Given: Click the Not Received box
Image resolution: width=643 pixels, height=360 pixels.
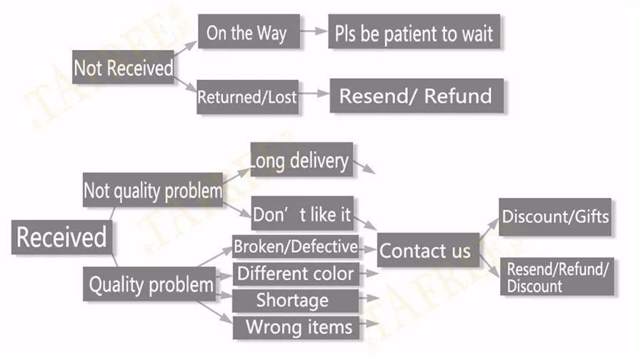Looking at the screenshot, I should [x=124, y=68].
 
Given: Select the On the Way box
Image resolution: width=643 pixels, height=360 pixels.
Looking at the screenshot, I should [x=246, y=33].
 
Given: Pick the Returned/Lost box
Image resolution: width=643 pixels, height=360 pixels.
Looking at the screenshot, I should [x=246, y=96].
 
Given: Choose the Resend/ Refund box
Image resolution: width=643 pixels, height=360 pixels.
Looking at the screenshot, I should [x=416, y=96].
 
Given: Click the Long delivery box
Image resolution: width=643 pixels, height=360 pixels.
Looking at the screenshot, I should [x=301, y=160].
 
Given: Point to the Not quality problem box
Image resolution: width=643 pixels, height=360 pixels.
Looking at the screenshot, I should [x=152, y=191].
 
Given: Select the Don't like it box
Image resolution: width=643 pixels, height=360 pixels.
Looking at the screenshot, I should [x=302, y=213].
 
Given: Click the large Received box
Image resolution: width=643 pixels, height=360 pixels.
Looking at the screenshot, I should [x=61, y=236].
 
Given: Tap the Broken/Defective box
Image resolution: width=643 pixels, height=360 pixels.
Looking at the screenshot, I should [x=296, y=247].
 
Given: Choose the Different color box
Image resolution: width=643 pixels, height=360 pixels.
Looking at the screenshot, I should [x=295, y=274].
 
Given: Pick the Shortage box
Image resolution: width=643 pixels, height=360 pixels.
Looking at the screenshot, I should [x=292, y=300].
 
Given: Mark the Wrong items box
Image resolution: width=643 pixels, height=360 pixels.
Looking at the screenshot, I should [x=299, y=327].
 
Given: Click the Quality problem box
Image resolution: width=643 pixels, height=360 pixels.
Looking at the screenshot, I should [x=150, y=284].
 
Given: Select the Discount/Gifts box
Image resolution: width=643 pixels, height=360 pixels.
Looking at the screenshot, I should [x=555, y=216].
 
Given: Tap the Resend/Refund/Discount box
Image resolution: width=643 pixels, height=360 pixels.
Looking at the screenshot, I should [x=557, y=278].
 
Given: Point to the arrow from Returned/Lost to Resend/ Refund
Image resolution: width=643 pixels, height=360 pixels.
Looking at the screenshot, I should [x=314, y=94].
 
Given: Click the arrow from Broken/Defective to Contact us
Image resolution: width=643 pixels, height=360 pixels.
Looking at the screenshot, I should [x=368, y=249].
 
